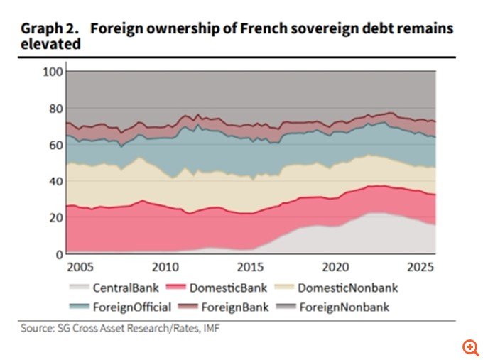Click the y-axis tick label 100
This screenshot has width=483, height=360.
(53, 72)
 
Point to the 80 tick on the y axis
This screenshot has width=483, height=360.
(56, 109)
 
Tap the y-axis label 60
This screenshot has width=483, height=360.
(56, 145)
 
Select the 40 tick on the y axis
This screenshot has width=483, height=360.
(56, 181)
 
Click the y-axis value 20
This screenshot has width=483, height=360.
(56, 218)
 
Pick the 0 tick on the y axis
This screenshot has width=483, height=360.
(60, 255)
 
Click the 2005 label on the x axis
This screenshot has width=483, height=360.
(80, 267)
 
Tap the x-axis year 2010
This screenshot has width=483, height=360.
(165, 267)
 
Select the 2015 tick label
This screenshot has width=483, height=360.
(251, 267)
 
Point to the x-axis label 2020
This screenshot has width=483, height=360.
(335, 267)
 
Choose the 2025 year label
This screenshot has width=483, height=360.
(420, 267)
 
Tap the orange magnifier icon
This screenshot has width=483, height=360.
(470, 348)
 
